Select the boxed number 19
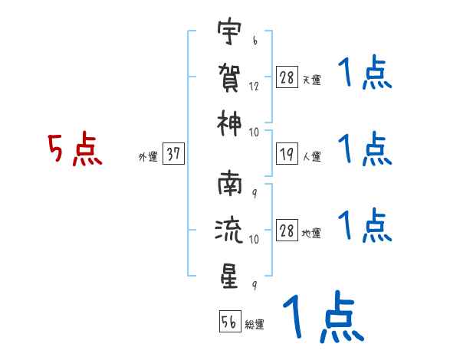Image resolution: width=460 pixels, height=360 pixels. [287, 155]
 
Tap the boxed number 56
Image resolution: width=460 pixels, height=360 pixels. [229, 322]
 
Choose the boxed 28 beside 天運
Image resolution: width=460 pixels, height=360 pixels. [287, 78]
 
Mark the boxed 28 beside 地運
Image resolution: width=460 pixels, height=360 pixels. [287, 231]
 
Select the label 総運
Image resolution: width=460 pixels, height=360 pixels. [255, 325]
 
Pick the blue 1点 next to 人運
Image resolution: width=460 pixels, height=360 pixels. [365, 149]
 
